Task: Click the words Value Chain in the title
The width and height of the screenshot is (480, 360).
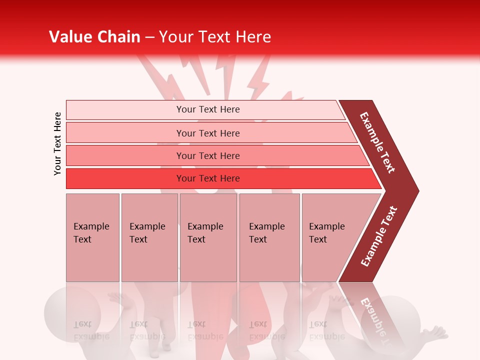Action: point(94,37)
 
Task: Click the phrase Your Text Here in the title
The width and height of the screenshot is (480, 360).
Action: point(215,37)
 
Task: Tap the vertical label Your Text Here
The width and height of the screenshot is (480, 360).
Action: point(57,144)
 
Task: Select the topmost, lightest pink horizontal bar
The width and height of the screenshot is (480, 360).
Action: point(208,109)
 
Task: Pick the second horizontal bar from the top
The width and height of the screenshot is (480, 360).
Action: point(208,133)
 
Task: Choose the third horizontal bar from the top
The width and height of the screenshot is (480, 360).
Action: point(208,155)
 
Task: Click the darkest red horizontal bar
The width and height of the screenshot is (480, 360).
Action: point(208,178)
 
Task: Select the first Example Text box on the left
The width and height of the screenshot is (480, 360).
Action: point(92,237)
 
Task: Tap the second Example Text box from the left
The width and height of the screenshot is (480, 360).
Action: point(149,237)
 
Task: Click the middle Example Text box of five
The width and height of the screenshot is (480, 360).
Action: point(208,237)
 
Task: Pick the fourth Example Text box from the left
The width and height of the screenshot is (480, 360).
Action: point(269,237)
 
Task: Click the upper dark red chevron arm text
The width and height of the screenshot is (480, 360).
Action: point(377,142)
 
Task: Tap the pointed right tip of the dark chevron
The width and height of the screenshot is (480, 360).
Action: point(416,190)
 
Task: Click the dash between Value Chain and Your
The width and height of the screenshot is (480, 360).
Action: point(149,38)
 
